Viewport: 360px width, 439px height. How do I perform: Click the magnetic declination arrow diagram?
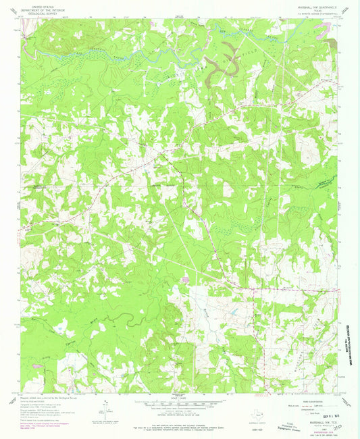tap(107, 408)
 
